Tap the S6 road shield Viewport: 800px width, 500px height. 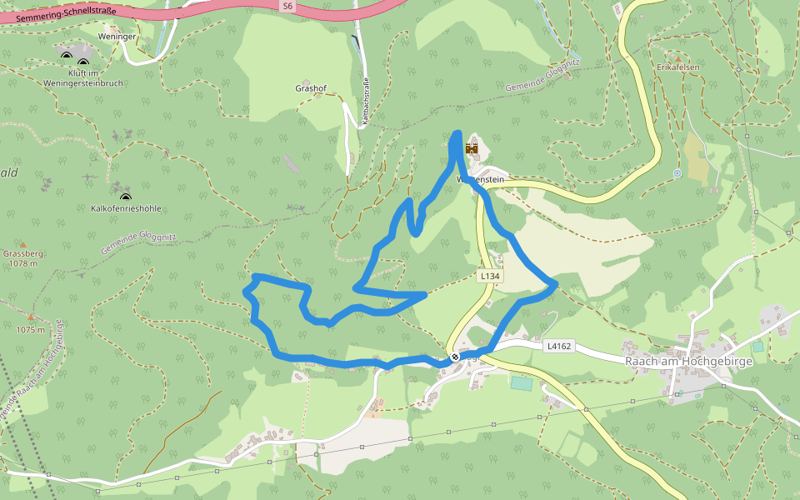[287, 6]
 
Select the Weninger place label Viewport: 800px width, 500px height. [117, 37]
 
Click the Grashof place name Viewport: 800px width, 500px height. [310, 87]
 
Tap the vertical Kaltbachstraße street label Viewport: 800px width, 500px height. [366, 102]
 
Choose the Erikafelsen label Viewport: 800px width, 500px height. [676, 67]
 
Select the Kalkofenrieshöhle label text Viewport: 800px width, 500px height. [126, 208]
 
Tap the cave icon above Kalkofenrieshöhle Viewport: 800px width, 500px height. [126, 197]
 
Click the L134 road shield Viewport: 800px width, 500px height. [489, 275]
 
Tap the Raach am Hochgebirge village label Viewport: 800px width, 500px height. [688, 361]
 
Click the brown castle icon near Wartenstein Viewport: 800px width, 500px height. [472, 149]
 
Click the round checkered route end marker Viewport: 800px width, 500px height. [455, 357]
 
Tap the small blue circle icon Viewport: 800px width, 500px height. [677, 173]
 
